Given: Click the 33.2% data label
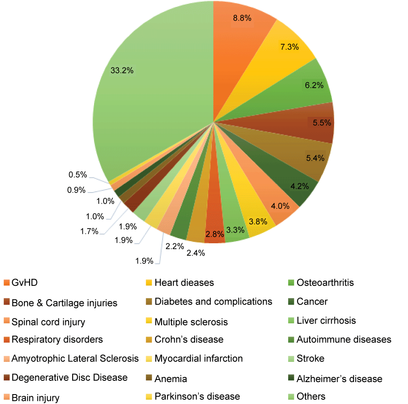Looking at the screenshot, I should point(122,71).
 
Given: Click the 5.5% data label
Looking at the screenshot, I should point(322,123).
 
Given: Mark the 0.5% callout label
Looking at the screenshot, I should point(78,174).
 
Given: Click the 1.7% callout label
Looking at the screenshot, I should point(89,231).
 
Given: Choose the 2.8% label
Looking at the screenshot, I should point(215,234).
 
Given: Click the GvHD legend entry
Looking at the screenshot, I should point(27,282).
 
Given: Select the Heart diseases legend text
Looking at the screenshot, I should point(184,282).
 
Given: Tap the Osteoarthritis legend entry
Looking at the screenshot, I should point(325,282).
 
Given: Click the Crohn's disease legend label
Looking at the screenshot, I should point(189,340).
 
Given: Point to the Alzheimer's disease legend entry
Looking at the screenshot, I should point(339,379).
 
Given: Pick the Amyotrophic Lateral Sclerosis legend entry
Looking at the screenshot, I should point(75,358).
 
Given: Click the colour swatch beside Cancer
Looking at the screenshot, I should point(290,302).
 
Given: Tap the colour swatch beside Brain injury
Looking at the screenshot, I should point(6,398).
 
